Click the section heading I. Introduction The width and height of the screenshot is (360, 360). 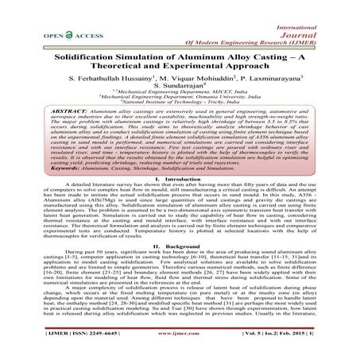coord(180,203)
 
